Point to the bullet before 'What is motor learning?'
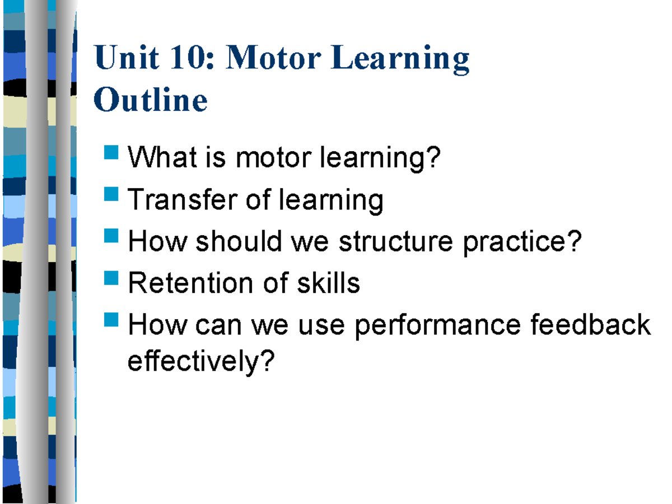pos(111,152)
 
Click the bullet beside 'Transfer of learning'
pos(111,194)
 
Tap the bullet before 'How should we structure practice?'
pos(111,236)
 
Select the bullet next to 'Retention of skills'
pos(111,278)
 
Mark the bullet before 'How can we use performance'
pos(111,320)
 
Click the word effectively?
pos(202,362)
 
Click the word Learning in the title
pos(400,59)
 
